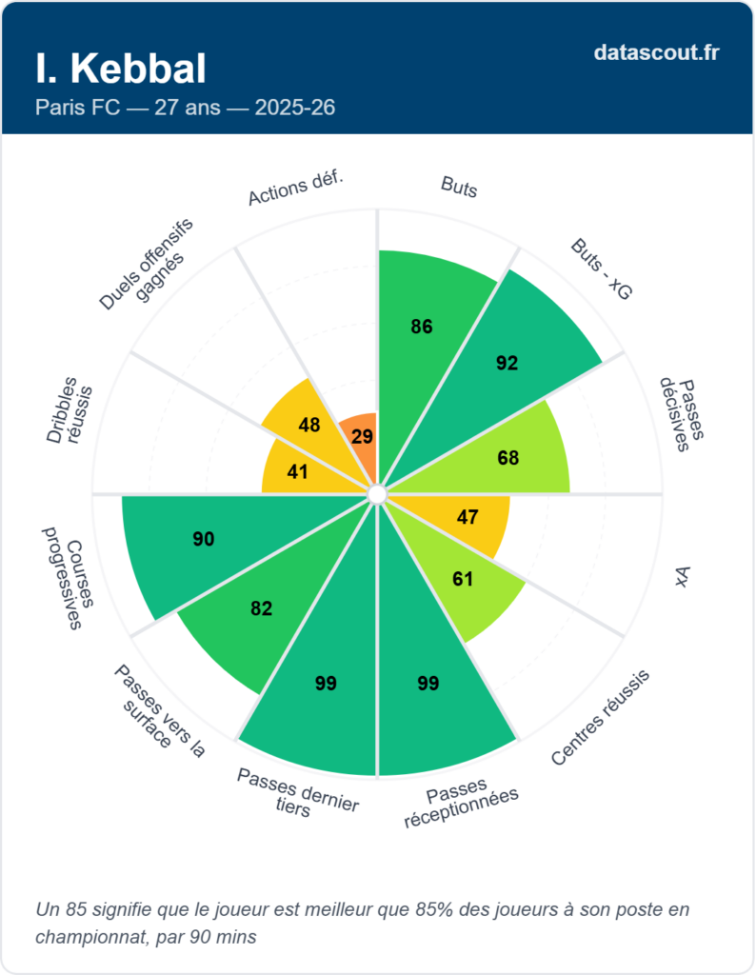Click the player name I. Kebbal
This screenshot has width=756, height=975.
120,69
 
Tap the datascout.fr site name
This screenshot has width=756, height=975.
656,52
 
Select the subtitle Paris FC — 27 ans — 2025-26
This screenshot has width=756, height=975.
185,107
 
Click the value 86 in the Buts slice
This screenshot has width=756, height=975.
422,327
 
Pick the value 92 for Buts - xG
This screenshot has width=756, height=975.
507,362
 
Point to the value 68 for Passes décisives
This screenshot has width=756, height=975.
508,458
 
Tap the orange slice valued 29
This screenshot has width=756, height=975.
362,436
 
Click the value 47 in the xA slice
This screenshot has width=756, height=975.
468,517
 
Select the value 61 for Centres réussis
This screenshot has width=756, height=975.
463,579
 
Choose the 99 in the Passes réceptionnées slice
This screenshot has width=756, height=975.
429,683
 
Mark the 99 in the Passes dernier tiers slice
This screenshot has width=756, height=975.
327,683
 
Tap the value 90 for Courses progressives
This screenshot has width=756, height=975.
203,539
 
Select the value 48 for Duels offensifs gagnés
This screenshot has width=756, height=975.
308,425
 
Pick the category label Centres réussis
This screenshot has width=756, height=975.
600,717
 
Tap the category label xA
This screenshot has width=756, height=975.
682,576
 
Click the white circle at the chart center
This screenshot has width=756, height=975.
377,493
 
